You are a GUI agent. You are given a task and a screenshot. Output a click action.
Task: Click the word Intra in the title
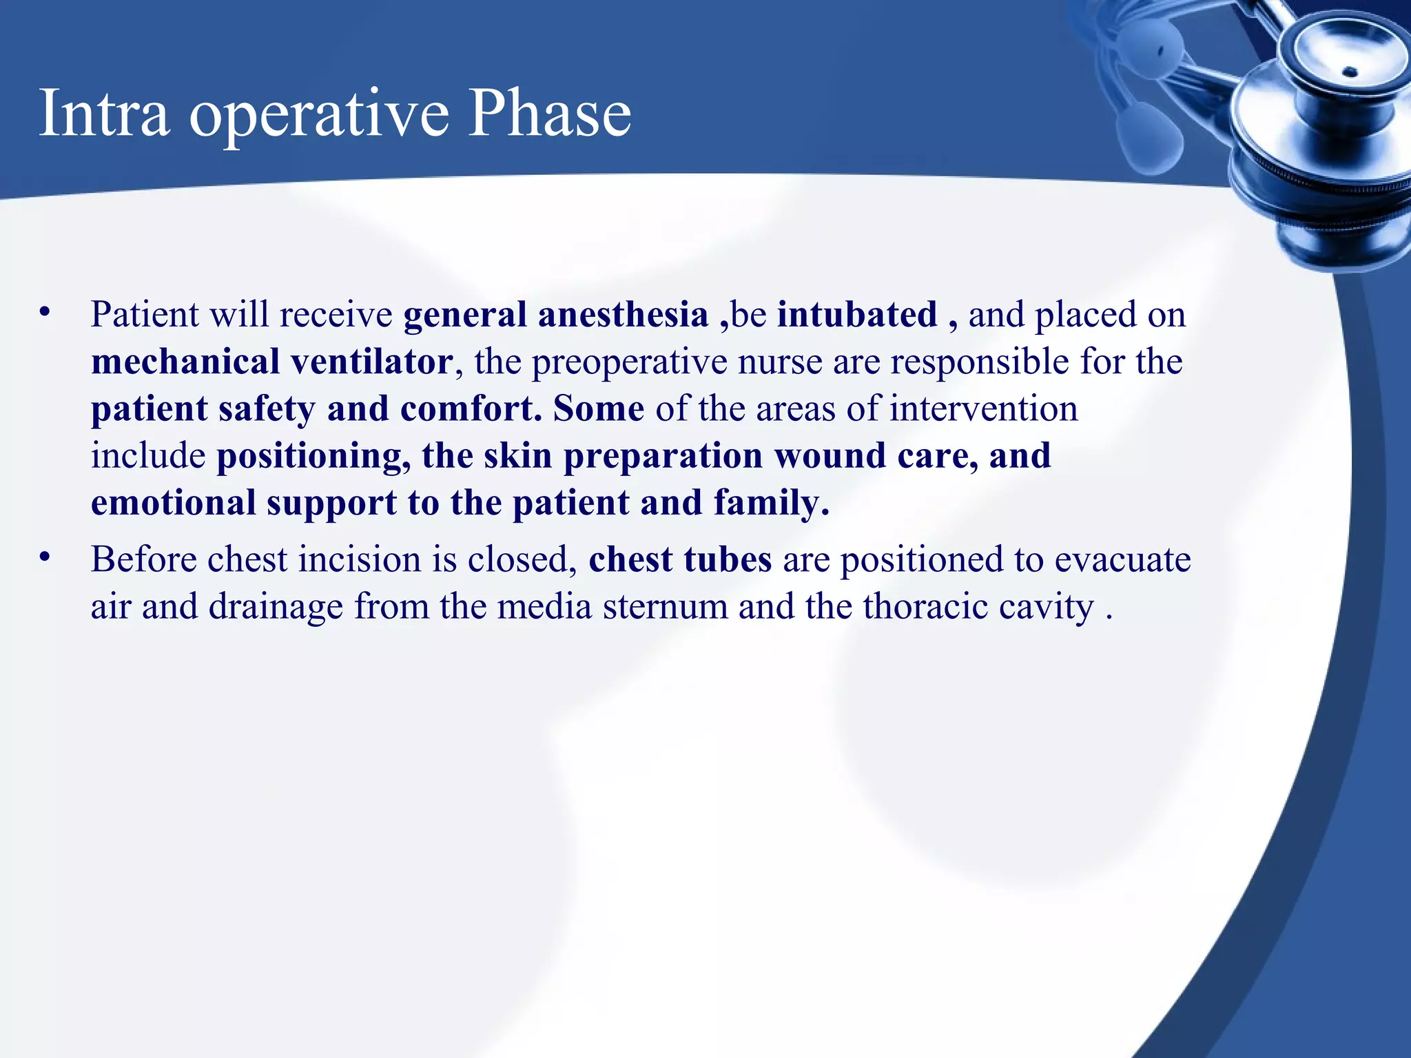[104, 114]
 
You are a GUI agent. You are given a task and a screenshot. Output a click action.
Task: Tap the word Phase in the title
[549, 114]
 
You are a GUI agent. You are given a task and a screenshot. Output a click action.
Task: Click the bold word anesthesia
[623, 315]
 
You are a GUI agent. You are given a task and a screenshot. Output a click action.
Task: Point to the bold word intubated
[857, 315]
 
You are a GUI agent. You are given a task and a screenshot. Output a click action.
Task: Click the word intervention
[983, 409]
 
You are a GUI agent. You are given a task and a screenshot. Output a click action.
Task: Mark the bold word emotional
[174, 504]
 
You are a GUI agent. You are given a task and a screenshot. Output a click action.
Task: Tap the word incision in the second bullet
[359, 559]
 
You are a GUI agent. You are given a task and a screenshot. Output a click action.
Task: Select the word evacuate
[1122, 559]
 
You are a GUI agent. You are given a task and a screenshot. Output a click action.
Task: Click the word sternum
[665, 607]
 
